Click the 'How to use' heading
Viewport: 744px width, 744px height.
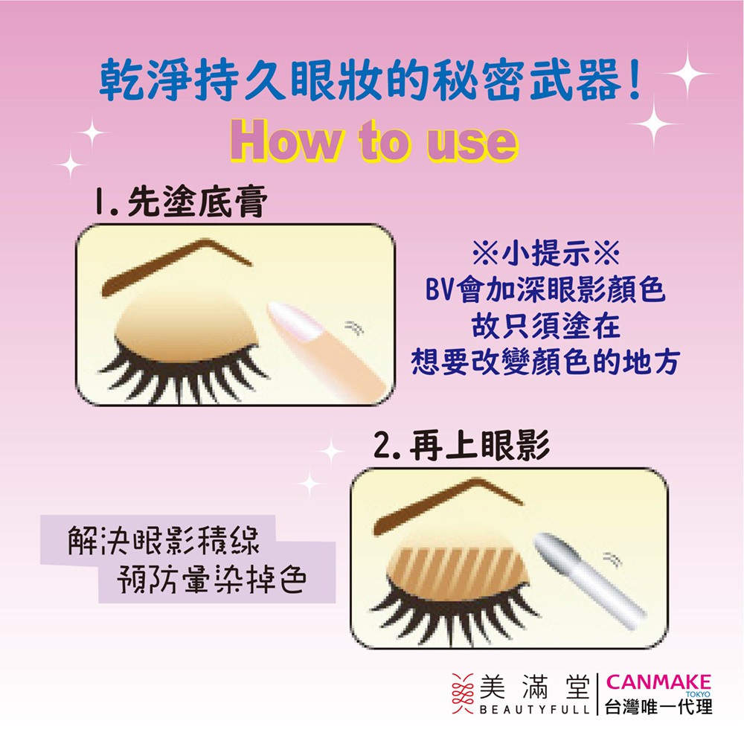coord(374,141)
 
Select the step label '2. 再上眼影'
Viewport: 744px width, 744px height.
coord(461,445)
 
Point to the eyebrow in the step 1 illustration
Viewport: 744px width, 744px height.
coord(176,266)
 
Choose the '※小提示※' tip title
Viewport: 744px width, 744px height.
coord(546,252)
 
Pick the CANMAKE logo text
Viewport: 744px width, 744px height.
coord(658,682)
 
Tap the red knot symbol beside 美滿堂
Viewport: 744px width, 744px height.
coord(463,693)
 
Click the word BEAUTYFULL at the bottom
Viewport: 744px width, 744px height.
coord(534,710)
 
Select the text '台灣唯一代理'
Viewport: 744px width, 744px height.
coord(658,707)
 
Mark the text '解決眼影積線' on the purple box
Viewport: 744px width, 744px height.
coord(164,540)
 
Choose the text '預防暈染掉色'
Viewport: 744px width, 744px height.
coord(211,579)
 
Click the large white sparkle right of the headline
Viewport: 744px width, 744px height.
coord(687,73)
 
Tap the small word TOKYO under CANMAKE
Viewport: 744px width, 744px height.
coord(698,694)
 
